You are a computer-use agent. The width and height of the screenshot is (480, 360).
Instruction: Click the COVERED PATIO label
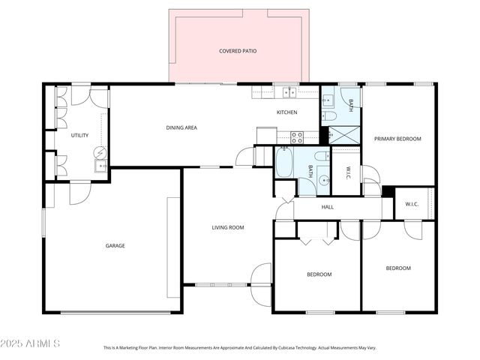238,51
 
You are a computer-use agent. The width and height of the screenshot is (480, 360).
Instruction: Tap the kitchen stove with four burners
296,136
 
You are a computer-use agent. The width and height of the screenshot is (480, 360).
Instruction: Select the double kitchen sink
288,92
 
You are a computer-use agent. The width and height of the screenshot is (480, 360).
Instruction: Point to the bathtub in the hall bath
285,163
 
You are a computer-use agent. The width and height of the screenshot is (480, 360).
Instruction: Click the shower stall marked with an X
344,135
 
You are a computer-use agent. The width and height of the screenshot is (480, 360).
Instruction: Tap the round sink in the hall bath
322,179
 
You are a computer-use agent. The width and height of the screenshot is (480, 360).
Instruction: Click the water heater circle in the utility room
100,152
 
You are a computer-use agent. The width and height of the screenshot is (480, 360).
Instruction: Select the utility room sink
100,167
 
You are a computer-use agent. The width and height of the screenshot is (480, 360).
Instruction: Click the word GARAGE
115,245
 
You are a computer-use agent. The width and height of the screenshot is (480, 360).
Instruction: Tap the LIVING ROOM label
227,227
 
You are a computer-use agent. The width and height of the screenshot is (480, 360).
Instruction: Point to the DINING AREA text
181,127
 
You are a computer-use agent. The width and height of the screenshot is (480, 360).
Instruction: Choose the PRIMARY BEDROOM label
397,138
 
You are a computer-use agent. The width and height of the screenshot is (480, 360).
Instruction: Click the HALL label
328,207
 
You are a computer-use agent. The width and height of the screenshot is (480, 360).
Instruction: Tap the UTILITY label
79,135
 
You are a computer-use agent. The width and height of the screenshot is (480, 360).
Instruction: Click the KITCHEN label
287,112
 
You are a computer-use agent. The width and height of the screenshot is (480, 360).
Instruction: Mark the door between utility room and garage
79,192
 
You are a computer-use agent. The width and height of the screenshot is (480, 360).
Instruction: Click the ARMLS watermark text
31,343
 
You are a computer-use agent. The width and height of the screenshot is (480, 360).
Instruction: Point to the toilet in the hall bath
321,157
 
